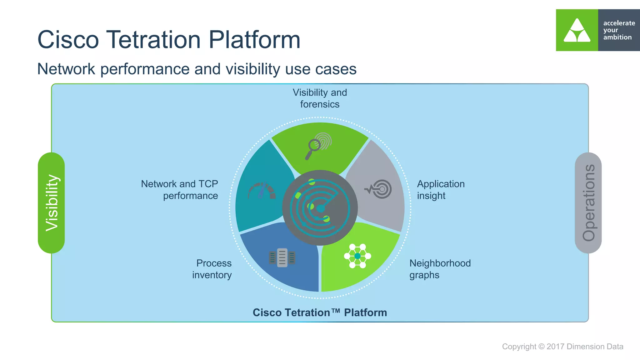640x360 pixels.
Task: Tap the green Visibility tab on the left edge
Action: [51, 203]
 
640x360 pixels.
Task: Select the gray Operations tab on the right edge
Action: [588, 203]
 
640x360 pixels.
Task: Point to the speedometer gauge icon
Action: [262, 191]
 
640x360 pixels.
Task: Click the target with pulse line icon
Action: [378, 189]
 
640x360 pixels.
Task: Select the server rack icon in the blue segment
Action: [282, 258]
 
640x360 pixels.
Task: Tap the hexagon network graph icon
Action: [357, 256]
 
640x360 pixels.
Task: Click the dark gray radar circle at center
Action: [320, 208]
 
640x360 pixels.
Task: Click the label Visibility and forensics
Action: [320, 98]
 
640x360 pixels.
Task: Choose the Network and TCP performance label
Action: [180, 190]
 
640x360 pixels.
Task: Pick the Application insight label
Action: [440, 190]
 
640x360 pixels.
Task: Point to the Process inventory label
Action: [212, 269]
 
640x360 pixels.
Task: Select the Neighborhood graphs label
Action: [440, 269]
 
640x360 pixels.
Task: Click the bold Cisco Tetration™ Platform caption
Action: [320, 312]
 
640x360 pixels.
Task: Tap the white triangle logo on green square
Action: [577, 30]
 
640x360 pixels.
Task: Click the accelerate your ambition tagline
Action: [618, 30]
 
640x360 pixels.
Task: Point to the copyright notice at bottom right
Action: [562, 347]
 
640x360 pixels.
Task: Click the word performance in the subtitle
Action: [145, 69]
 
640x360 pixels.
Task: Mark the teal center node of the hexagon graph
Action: [357, 256]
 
